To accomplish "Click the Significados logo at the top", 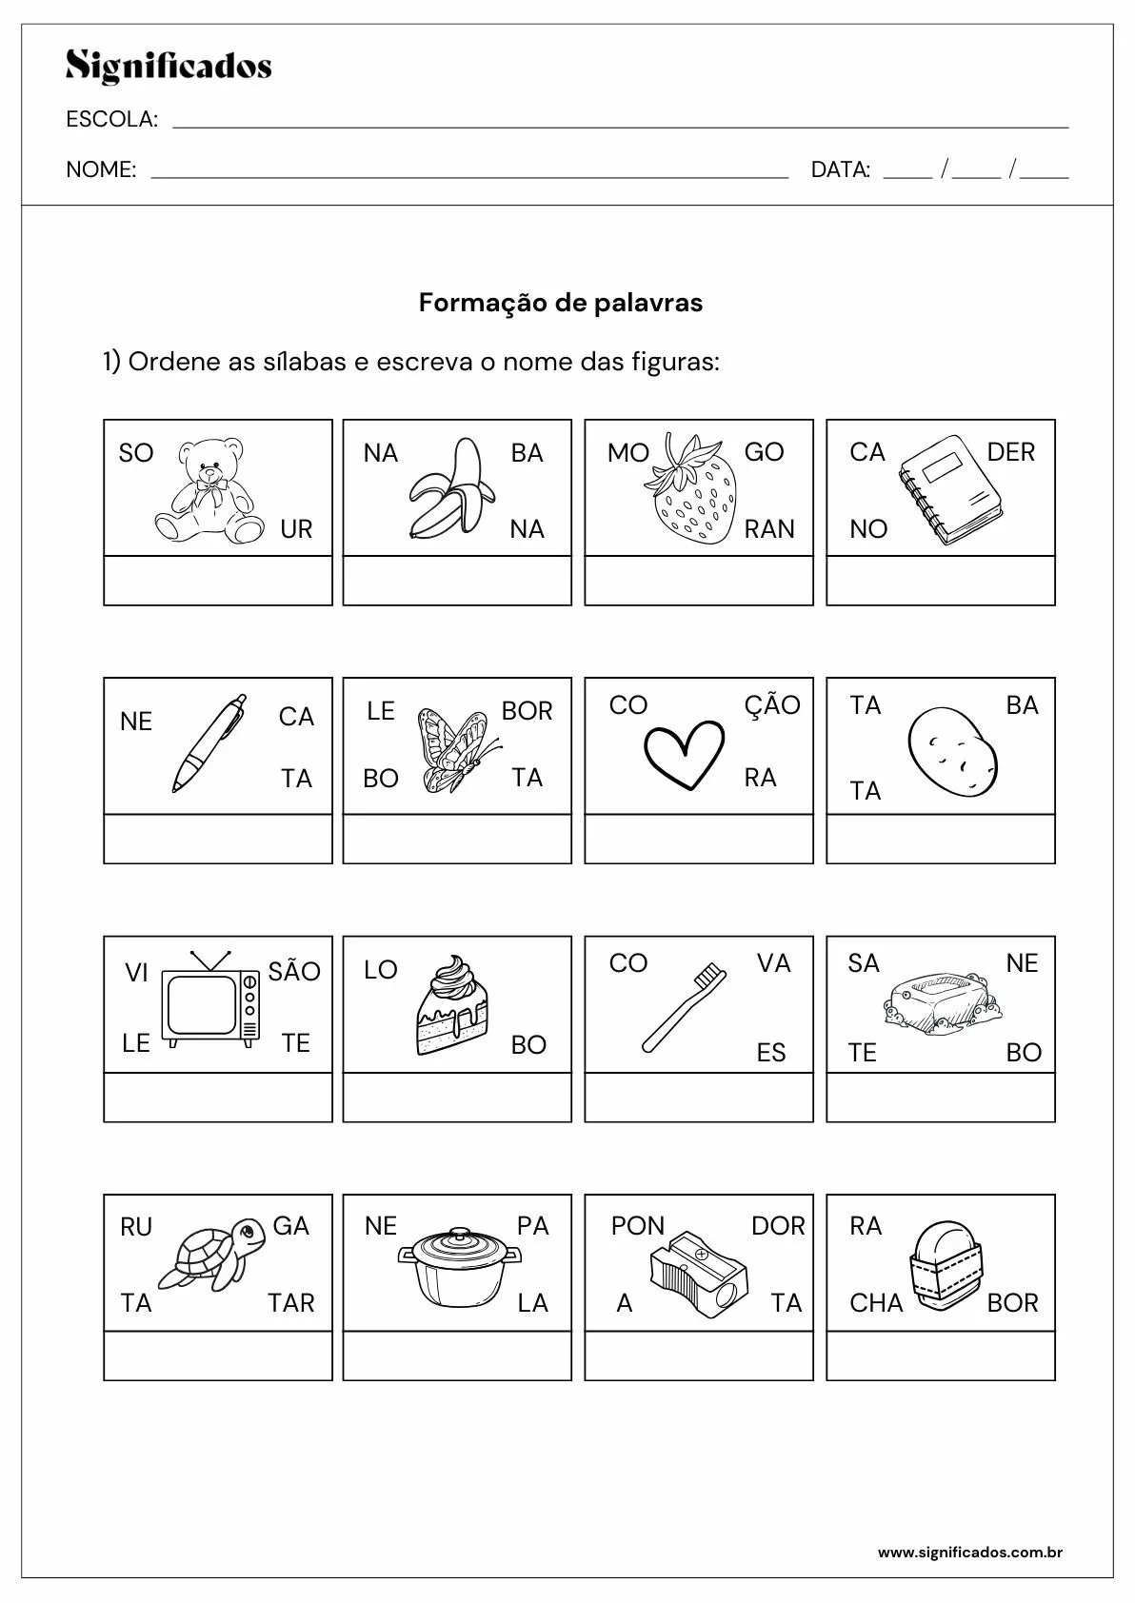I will click(x=169, y=67).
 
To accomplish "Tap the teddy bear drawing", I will click(x=209, y=492).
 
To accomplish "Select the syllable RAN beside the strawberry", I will click(x=769, y=529).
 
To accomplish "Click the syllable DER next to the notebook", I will click(x=1010, y=452).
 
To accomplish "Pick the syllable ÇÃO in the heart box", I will click(x=772, y=705).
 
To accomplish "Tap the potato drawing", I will click(x=953, y=751).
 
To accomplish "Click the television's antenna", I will click(x=210, y=959).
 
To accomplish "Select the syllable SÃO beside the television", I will click(x=294, y=972).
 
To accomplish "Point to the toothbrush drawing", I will click(x=683, y=1007).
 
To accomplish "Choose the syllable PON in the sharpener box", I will click(x=638, y=1226).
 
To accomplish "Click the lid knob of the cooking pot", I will click(x=459, y=1234).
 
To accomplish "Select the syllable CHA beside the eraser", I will click(x=876, y=1303).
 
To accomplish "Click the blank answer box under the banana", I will click(x=457, y=581).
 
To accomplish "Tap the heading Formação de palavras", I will click(x=561, y=303).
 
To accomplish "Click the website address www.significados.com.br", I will click(x=969, y=1553).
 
